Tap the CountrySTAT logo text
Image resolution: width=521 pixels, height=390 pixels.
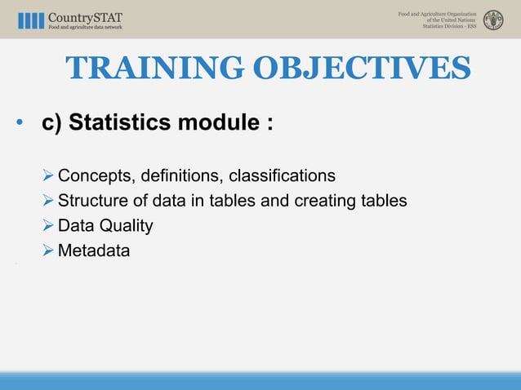[x=87, y=16]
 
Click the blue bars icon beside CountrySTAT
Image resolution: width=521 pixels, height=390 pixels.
[x=30, y=20]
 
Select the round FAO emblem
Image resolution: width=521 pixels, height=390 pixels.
[x=493, y=20]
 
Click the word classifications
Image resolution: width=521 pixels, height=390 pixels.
[x=282, y=176]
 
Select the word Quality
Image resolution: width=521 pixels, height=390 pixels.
[x=124, y=226]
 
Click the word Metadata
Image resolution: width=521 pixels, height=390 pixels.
[x=93, y=250]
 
